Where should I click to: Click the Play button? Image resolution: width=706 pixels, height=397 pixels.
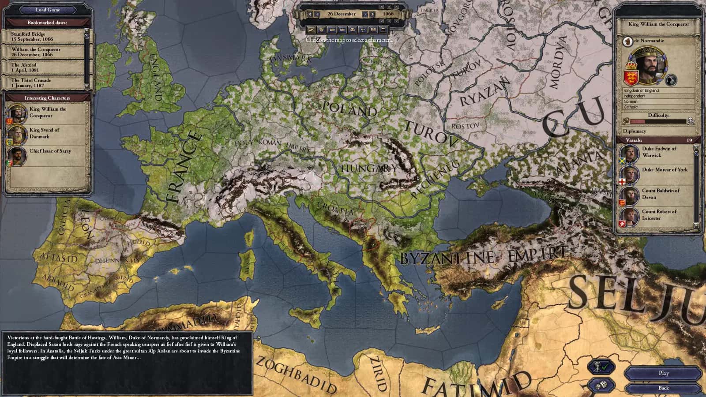click(x=664, y=373)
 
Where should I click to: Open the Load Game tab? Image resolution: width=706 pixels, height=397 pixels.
click(x=48, y=10)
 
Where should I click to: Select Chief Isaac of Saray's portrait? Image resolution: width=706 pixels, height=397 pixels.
click(x=17, y=155)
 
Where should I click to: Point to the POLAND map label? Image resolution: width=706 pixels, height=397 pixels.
click(x=350, y=109)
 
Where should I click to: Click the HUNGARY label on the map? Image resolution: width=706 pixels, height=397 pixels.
click(x=369, y=168)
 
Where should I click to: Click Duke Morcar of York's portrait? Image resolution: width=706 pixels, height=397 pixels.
click(x=630, y=174)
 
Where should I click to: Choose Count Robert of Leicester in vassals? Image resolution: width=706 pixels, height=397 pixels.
click(x=660, y=215)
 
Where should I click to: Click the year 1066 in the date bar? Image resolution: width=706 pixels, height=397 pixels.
click(x=388, y=14)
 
